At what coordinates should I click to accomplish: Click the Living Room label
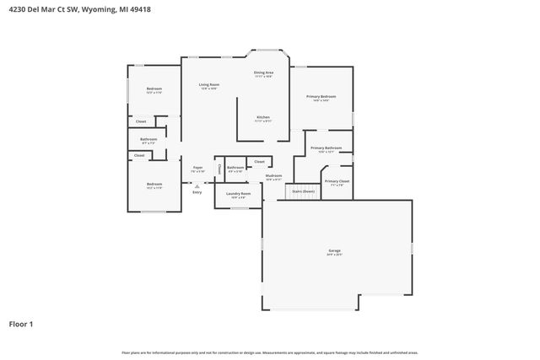[209, 85]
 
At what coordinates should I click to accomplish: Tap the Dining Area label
[264, 73]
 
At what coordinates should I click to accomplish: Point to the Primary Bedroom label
[321, 97]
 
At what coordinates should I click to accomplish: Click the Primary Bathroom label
[326, 148]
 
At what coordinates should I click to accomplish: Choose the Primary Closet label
[337, 181]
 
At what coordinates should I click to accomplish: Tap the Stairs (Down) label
[303, 192]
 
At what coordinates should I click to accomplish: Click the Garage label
[335, 251]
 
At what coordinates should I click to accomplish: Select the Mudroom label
[273, 175]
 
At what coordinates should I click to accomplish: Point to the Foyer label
[197, 168]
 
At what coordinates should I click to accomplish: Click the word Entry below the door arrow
[197, 192]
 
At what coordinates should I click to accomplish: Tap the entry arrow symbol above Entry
[197, 185]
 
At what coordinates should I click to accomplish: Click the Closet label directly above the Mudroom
[259, 161]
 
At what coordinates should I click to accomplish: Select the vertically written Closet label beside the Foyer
[219, 169]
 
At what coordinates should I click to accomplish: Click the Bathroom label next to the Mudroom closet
[235, 168]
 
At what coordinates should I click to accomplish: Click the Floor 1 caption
[22, 324]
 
